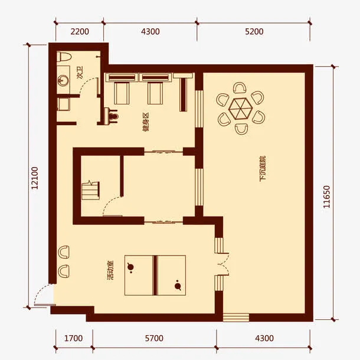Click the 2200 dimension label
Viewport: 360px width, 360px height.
[80, 31]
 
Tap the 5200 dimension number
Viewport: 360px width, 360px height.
[254, 31]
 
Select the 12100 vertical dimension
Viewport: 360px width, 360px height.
[35, 178]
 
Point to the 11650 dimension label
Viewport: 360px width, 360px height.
[326, 197]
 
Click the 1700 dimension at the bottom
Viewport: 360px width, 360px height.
[73, 338]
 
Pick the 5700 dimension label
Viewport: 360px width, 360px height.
[154, 338]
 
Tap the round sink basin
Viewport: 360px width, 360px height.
[63, 81]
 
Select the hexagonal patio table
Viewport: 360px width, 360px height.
[240, 109]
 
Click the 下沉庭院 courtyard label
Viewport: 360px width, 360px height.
[263, 169]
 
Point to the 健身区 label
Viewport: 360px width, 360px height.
[146, 122]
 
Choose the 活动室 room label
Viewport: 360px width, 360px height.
[110, 270]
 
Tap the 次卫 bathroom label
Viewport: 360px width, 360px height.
[80, 73]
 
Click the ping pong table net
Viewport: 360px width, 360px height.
[155, 275]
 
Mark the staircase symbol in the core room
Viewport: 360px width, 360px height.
[90, 191]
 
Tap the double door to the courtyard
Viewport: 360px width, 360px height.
[223, 264]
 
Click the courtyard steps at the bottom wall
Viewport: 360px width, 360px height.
[236, 318]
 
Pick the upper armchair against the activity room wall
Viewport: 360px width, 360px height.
[64, 252]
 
